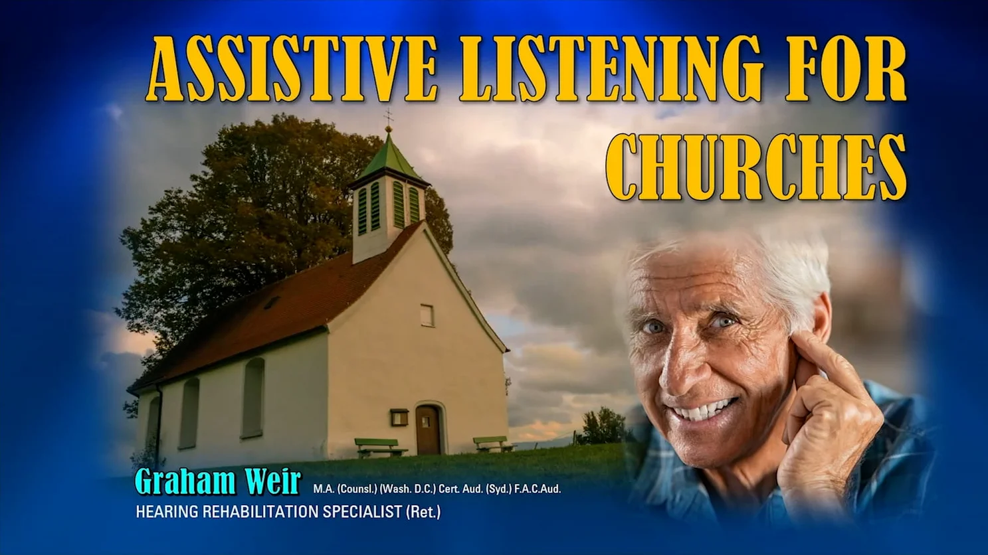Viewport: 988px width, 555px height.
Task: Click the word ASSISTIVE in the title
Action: point(291,69)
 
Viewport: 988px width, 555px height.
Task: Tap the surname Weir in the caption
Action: point(272,481)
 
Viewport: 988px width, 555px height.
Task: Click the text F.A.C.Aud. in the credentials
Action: point(538,489)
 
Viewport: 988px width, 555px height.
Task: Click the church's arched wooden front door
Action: point(428,430)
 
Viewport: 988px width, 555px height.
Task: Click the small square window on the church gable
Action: point(427,315)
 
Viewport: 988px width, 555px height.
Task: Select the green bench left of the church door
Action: point(380,447)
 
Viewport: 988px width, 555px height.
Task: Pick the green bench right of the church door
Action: point(492,443)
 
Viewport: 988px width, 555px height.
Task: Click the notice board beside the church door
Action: point(399,417)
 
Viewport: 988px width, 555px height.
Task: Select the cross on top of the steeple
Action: point(388,119)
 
